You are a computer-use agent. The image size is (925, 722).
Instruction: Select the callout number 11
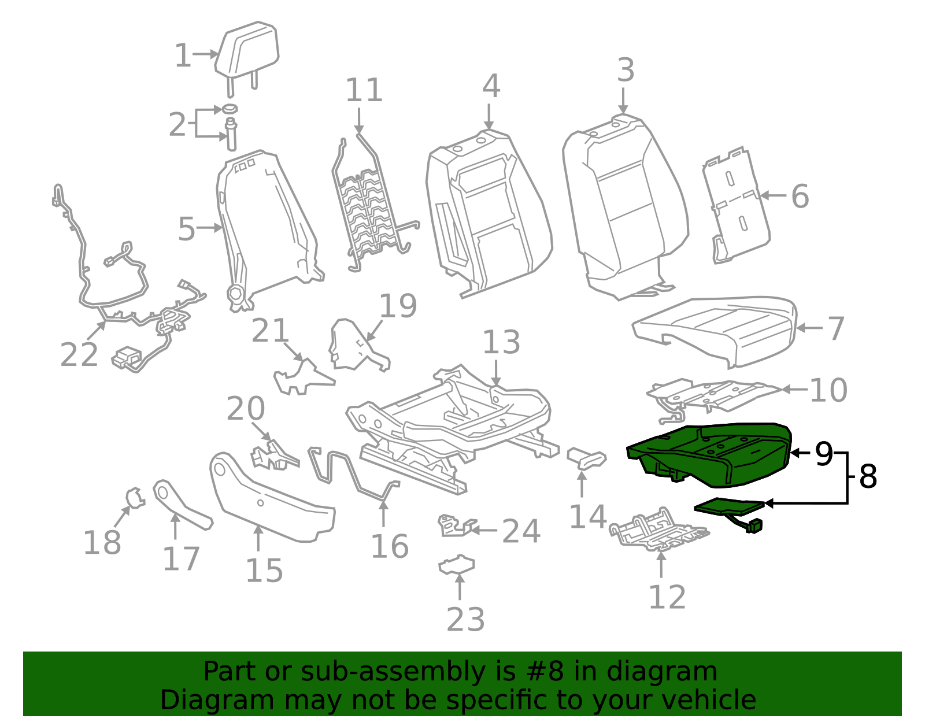click(x=364, y=91)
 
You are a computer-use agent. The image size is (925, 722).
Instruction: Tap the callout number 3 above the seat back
click(x=626, y=71)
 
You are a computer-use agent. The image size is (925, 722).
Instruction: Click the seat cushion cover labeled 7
click(x=717, y=329)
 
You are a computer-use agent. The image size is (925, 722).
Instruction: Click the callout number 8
click(x=868, y=477)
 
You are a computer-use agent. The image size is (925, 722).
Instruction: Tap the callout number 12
click(x=667, y=597)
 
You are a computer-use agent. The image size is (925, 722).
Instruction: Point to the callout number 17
click(x=181, y=558)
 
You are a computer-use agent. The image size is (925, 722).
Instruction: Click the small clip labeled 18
click(x=135, y=497)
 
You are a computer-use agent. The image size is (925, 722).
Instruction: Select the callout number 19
click(x=398, y=306)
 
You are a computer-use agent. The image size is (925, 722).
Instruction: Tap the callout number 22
click(x=79, y=354)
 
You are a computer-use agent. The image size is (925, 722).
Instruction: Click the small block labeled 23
click(x=457, y=565)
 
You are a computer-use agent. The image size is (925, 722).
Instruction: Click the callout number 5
click(x=187, y=229)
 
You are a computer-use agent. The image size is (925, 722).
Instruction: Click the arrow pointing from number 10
click(x=794, y=390)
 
